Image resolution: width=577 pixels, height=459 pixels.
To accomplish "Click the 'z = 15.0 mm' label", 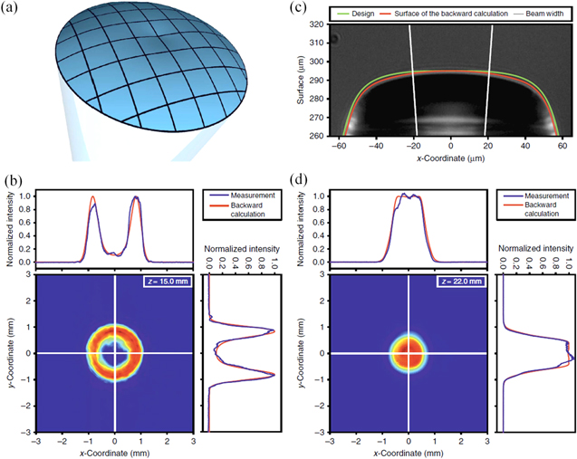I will pos(165,282).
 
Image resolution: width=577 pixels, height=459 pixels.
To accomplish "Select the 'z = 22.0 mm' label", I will pos(459,282).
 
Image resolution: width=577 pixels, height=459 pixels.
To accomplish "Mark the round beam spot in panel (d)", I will pos(409,352).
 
